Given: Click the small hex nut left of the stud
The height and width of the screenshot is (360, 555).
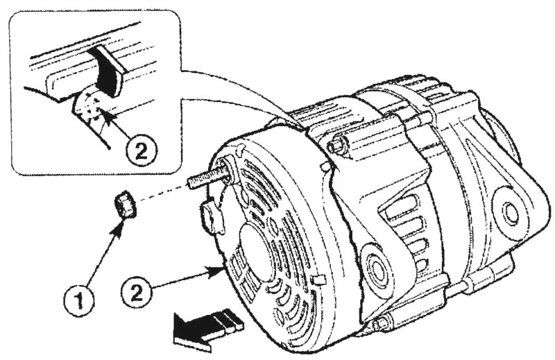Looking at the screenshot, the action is point(126,206).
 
